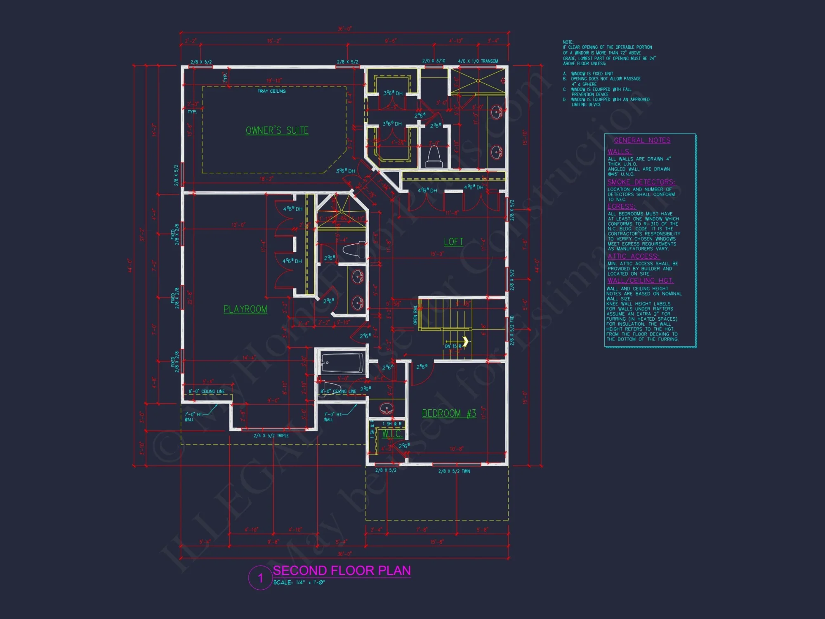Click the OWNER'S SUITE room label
(x=277, y=130)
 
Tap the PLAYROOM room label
(x=245, y=309)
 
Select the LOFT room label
(x=453, y=242)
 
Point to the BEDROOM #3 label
(x=449, y=413)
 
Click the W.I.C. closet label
(x=392, y=434)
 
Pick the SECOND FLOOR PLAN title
(x=342, y=570)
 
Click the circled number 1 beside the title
(x=260, y=578)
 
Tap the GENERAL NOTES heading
(x=642, y=140)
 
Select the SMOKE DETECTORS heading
(x=641, y=182)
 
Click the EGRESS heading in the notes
(x=621, y=206)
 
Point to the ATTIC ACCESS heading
(x=633, y=256)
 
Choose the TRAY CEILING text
(x=271, y=91)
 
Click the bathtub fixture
(x=342, y=363)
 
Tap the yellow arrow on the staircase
(x=465, y=341)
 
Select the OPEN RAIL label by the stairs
(x=415, y=314)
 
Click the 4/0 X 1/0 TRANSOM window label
(x=478, y=61)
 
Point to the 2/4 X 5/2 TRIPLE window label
(x=271, y=436)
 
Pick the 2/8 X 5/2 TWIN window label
(x=454, y=471)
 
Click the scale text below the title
(x=299, y=582)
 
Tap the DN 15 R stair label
(x=453, y=346)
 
